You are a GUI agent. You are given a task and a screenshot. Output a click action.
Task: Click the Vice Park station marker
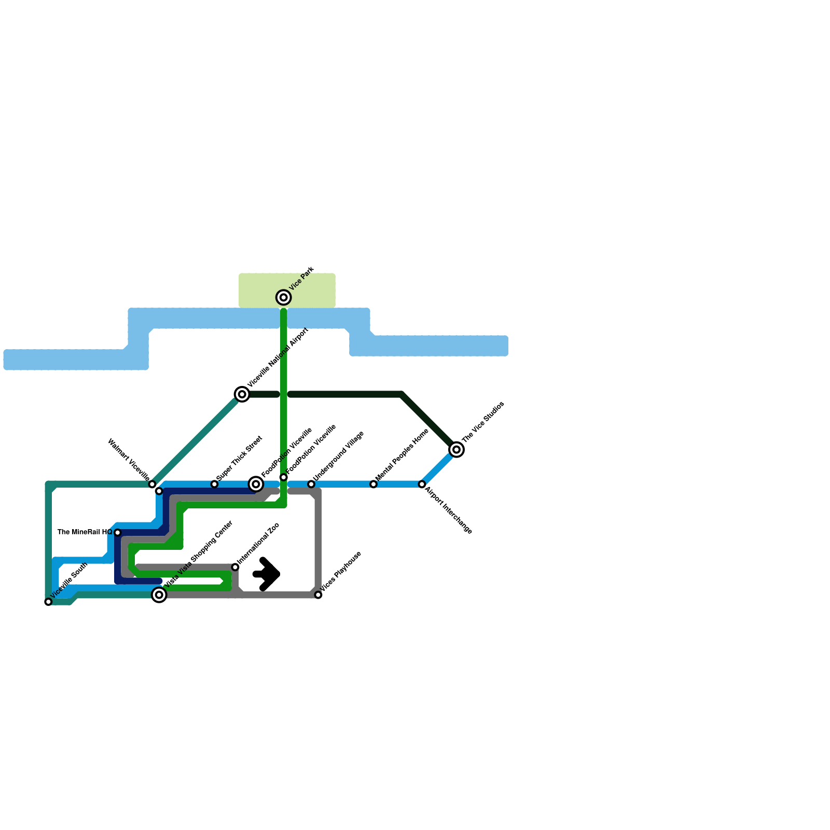point(283,297)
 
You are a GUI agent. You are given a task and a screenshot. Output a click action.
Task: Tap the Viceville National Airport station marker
point(242,394)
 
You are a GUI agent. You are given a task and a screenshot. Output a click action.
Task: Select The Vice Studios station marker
point(457,449)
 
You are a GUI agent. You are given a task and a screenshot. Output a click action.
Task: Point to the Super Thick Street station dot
point(214,484)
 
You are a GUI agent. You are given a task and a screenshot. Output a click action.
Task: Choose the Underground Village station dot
point(311,484)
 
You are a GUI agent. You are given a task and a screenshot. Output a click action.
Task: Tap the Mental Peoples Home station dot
point(374,484)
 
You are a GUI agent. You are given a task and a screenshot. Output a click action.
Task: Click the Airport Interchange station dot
point(422,484)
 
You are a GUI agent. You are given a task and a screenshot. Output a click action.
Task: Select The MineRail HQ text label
point(85,532)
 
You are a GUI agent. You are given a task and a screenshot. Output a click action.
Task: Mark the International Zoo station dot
point(235,567)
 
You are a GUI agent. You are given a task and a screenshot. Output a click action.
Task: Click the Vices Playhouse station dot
point(318,595)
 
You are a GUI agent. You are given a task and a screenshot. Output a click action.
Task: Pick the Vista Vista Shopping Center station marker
point(159,595)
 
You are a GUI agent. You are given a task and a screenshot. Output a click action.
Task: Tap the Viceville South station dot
point(48,602)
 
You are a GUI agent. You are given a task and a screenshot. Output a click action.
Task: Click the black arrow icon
point(267,574)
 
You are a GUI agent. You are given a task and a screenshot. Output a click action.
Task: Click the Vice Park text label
point(302,278)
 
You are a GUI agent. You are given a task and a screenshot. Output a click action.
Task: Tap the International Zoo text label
point(258,544)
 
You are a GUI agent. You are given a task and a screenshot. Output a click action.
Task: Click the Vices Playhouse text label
point(341,571)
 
